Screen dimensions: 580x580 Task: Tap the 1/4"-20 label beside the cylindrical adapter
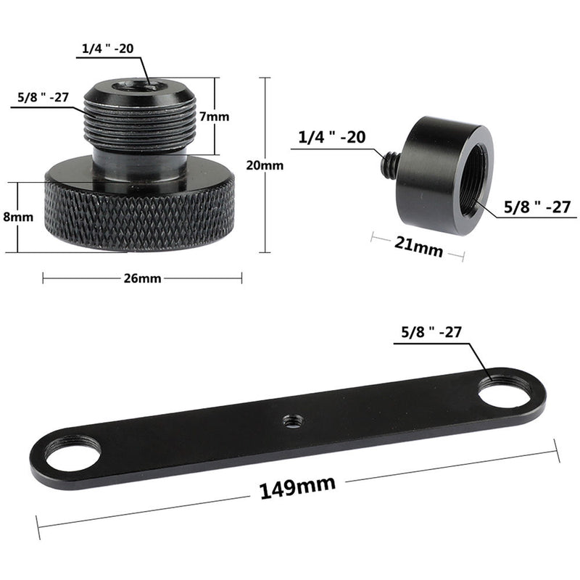click(x=331, y=138)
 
